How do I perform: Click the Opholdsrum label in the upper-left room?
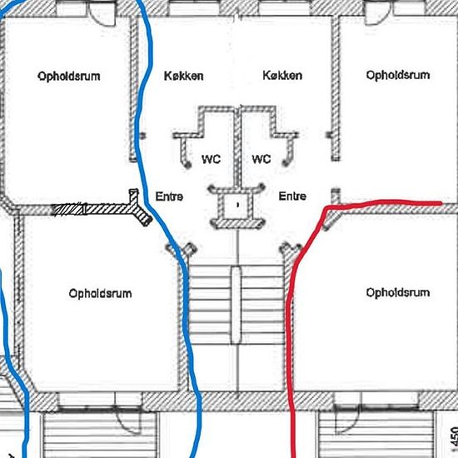pyautogui.click(x=69, y=77)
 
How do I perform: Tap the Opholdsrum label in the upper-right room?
pyautogui.click(x=398, y=75)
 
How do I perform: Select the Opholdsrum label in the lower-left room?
pyautogui.click(x=100, y=294)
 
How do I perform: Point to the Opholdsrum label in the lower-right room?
pyautogui.click(x=398, y=292)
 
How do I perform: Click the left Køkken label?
pyautogui.click(x=183, y=77)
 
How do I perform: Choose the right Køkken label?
pyautogui.click(x=282, y=75)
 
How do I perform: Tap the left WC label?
pyautogui.click(x=211, y=160)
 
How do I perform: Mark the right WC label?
pyautogui.click(x=261, y=159)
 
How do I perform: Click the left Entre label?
pyautogui.click(x=169, y=197)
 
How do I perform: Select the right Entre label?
pyautogui.click(x=292, y=196)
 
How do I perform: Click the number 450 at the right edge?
pyautogui.click(x=454, y=437)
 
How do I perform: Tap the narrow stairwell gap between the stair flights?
pyautogui.click(x=236, y=305)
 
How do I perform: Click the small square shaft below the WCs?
pyautogui.click(x=237, y=206)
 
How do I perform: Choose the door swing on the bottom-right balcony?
pyautogui.click(x=346, y=421)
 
